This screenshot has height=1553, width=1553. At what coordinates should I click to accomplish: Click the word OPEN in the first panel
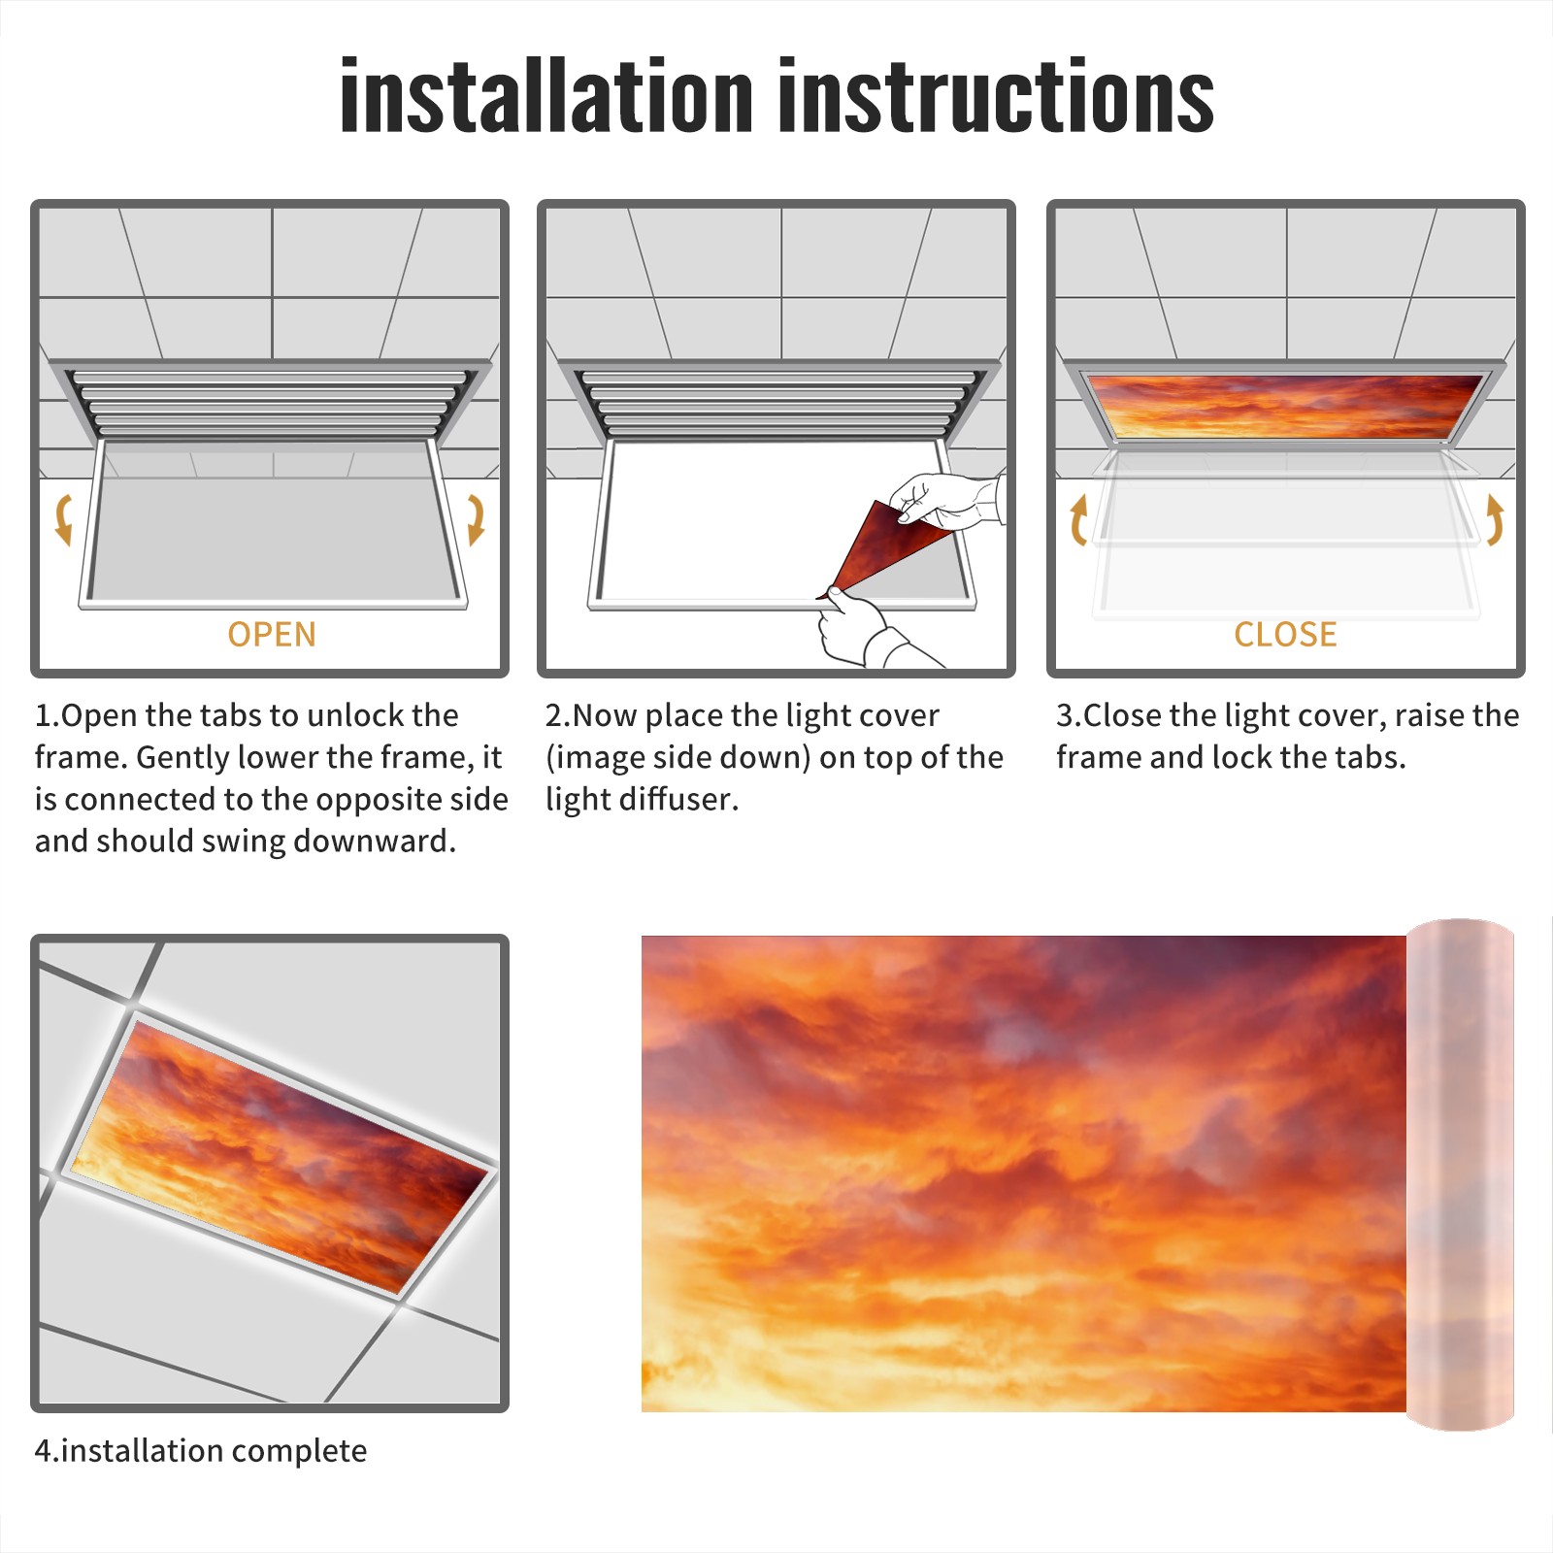click(x=272, y=635)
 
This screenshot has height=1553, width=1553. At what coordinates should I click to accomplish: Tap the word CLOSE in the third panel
click(x=1285, y=635)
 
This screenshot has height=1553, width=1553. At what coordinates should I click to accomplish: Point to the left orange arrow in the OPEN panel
click(x=63, y=519)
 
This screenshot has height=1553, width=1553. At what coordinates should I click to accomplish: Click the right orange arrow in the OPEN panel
click(x=476, y=519)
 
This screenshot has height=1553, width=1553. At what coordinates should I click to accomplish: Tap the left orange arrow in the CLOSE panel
click(x=1077, y=519)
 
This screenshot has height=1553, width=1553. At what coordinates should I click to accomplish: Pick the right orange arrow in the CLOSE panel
click(x=1495, y=519)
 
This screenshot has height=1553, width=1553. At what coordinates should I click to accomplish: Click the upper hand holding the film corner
click(x=946, y=500)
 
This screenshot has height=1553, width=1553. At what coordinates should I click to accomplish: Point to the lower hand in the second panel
click(x=869, y=631)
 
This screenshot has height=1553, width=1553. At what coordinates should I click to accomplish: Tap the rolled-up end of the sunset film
click(x=1460, y=1174)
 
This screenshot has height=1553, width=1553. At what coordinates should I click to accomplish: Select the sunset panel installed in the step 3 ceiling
click(x=1285, y=406)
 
